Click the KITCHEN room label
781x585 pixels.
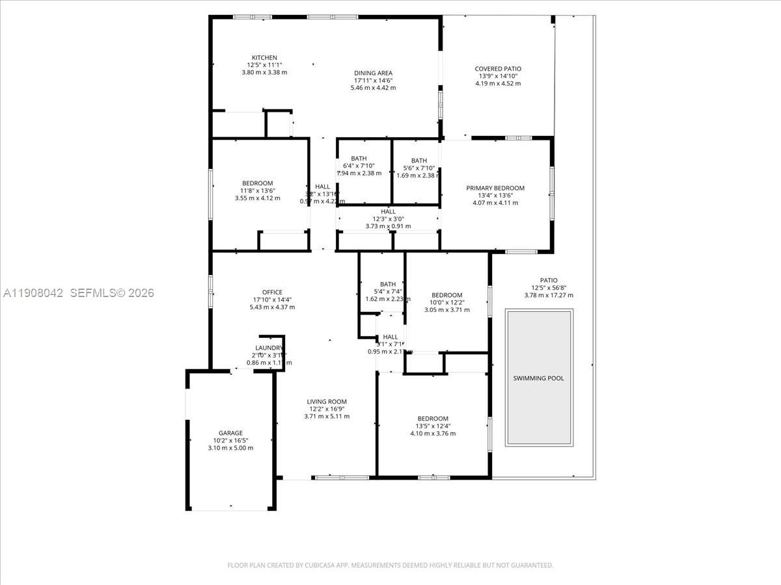pyautogui.click(x=264, y=57)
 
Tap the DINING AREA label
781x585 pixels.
pyautogui.click(x=373, y=73)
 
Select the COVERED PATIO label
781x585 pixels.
pyautogui.click(x=497, y=68)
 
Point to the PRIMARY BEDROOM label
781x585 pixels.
pyautogui.click(x=495, y=188)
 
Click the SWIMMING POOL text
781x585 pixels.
pyautogui.click(x=538, y=378)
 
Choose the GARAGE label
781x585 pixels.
pyautogui.click(x=230, y=433)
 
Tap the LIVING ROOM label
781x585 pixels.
pyautogui.click(x=327, y=401)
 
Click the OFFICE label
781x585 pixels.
pyautogui.click(x=271, y=292)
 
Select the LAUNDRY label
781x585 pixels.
pyautogui.click(x=268, y=348)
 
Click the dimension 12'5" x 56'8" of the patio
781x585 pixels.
pyautogui.click(x=549, y=288)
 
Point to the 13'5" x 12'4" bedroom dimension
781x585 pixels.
pyautogui.click(x=433, y=426)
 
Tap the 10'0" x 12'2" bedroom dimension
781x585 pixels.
pyautogui.click(x=446, y=302)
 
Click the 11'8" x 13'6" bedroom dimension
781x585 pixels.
pyautogui.click(x=257, y=190)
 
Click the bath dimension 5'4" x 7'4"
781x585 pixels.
pyautogui.click(x=388, y=291)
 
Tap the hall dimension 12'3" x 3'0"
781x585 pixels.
pyautogui.click(x=388, y=218)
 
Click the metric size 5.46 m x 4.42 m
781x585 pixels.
pyautogui.click(x=373, y=87)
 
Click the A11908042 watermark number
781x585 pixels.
pyautogui.click(x=33, y=293)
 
